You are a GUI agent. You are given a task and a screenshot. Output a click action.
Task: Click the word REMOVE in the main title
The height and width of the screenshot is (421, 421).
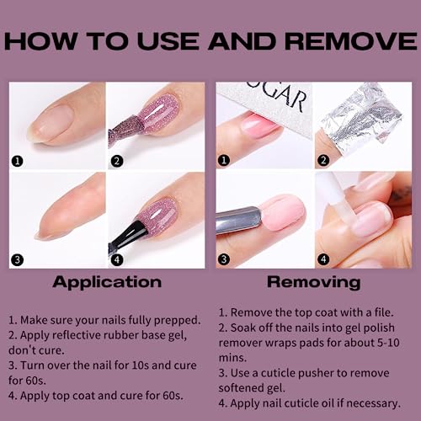point(351,41)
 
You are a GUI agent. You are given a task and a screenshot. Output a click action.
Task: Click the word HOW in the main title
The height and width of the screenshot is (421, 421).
point(40,41)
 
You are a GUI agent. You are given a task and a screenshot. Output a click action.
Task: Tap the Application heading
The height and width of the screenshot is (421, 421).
point(107,283)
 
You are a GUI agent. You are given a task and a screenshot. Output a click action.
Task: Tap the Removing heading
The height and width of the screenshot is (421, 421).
point(314,282)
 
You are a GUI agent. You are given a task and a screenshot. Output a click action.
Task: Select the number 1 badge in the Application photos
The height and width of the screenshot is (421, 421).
point(18,161)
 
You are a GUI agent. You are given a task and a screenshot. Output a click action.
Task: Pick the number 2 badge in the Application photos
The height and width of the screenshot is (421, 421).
point(117,161)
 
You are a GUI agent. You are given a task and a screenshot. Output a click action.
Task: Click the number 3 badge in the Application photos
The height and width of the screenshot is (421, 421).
point(18,259)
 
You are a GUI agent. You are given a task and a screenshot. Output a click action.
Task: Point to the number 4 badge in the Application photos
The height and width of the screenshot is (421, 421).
point(117,259)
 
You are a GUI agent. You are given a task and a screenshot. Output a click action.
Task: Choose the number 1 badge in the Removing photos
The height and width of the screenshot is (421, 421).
point(224,160)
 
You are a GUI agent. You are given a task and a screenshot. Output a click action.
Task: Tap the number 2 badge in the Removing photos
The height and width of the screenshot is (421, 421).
point(323,160)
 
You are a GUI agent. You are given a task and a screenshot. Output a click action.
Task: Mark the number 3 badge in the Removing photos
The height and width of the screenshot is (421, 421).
point(224,259)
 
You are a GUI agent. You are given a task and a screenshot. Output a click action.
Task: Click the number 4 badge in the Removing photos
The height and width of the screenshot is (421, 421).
point(323,259)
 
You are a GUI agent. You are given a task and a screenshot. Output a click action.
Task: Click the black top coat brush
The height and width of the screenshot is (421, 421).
point(127,236)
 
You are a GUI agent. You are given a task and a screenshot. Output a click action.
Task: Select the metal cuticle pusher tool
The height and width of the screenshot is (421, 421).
point(239,220)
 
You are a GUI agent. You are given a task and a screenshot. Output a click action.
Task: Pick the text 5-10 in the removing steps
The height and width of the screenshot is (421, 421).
point(388,343)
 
